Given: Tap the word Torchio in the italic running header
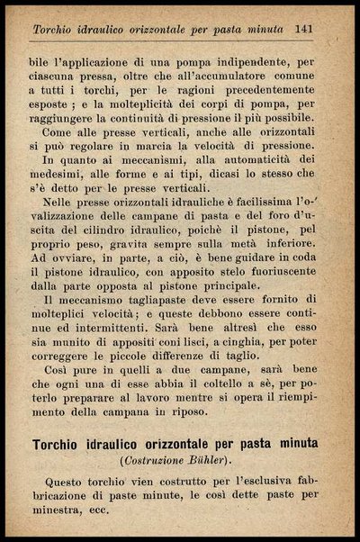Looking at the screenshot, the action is click(x=56, y=31).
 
